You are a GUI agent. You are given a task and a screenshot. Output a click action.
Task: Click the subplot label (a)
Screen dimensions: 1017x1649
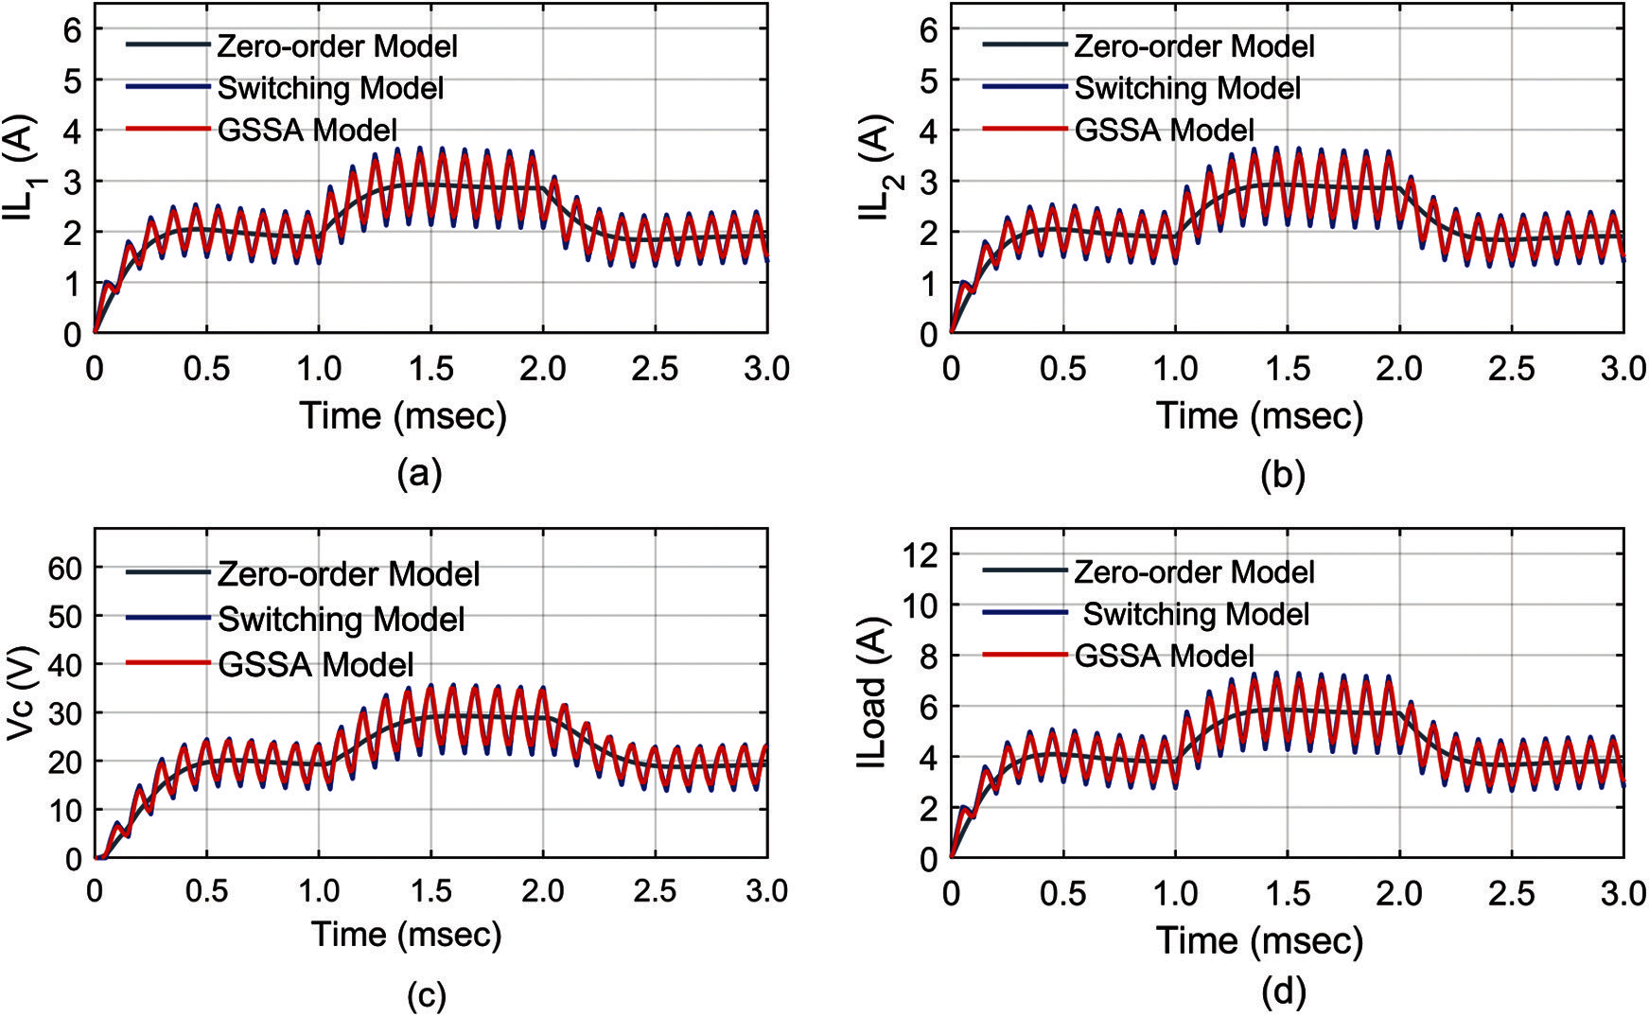coord(420,472)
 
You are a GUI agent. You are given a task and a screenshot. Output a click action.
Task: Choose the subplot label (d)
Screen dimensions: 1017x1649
coord(1284,991)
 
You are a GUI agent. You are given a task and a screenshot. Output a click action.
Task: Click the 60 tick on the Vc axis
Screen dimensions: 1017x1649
coord(66,568)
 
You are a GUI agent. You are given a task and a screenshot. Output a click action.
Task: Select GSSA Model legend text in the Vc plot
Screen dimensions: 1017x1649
coord(316,664)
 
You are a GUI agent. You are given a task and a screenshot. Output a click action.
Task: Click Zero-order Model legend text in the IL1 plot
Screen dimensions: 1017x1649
coord(337,45)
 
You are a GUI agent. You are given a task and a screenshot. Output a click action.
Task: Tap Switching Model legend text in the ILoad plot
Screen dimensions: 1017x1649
coord(1196,614)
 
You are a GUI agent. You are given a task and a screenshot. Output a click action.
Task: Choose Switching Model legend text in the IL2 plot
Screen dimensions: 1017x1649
coord(1187,88)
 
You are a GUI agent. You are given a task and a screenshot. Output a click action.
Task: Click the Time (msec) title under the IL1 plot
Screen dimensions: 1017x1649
coord(404,415)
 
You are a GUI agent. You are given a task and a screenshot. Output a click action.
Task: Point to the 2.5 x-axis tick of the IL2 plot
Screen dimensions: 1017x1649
coord(1511,369)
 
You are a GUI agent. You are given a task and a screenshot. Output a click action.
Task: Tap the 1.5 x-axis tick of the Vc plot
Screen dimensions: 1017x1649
coord(430,891)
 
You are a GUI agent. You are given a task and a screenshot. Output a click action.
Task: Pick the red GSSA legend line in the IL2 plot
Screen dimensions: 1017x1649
coord(1025,129)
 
